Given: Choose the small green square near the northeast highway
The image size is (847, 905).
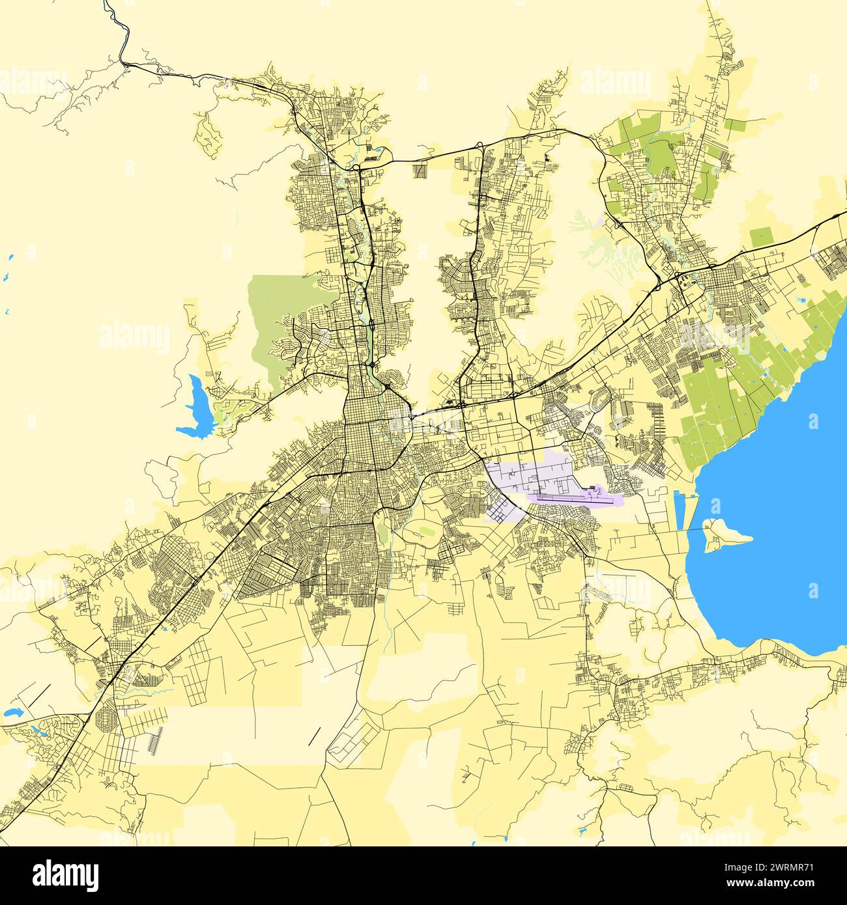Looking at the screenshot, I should [x=760, y=237].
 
